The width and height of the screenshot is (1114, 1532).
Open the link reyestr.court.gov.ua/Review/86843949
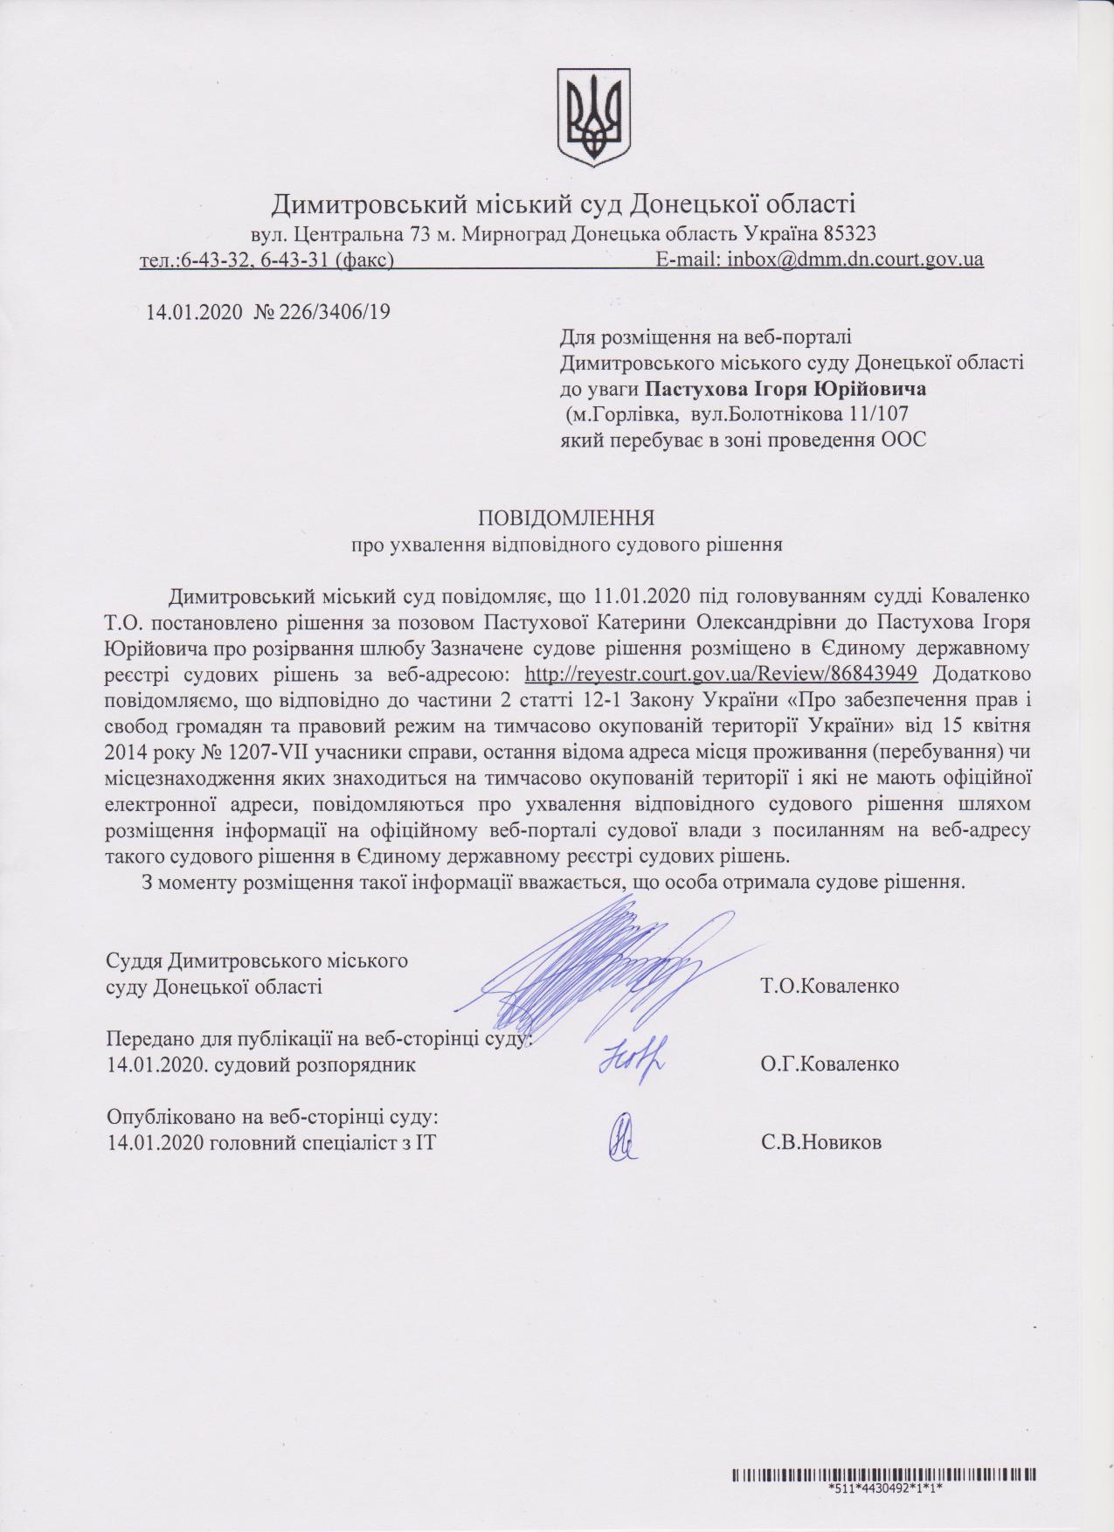coord(720,674)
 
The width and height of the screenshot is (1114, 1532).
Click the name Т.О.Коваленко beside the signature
coord(829,987)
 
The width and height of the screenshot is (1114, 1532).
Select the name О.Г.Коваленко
coord(829,1064)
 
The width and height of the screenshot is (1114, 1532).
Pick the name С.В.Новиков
coord(820,1141)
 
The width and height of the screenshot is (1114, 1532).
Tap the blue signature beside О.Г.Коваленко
coord(632,1058)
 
